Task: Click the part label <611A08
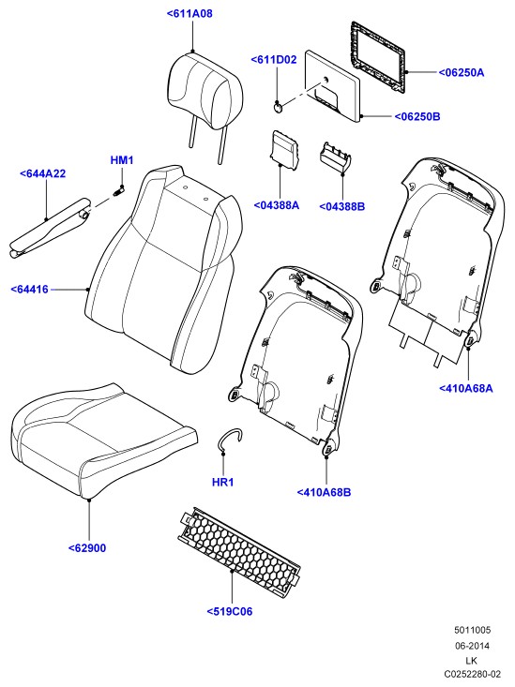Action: (x=189, y=13)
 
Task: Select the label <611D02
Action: (x=274, y=60)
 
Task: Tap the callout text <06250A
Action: (x=462, y=72)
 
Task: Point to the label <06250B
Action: (x=417, y=116)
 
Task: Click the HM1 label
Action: (x=122, y=160)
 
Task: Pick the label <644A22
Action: (x=42, y=173)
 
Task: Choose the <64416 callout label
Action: (x=29, y=290)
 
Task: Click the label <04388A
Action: (x=277, y=205)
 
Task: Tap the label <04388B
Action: (x=342, y=206)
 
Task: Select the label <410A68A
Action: (x=466, y=388)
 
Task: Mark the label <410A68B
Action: (x=325, y=492)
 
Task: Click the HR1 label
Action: (x=223, y=483)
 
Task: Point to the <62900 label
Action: (x=87, y=548)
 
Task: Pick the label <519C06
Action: (x=230, y=612)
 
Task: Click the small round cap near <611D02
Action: (x=278, y=108)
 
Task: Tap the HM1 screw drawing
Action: (x=118, y=191)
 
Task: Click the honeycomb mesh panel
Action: (x=239, y=553)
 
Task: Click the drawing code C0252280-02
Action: (x=472, y=674)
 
